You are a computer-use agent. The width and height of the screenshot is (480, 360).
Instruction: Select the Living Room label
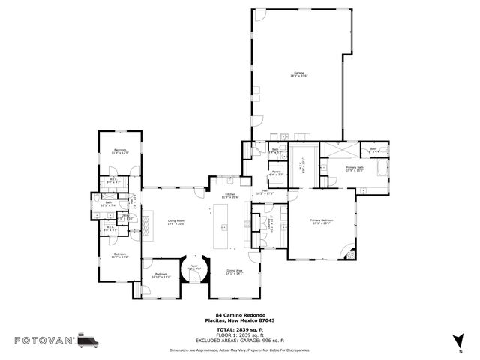[x=176, y=222]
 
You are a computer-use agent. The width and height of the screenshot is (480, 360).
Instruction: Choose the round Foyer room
[x=193, y=268]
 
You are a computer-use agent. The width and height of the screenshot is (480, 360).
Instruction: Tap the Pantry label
[x=276, y=174]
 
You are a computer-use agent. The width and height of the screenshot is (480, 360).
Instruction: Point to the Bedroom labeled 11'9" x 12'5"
[x=121, y=151]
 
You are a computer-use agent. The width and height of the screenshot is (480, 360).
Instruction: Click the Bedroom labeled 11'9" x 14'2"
[x=120, y=255]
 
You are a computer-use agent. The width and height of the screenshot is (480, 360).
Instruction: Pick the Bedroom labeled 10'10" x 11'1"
[x=162, y=275]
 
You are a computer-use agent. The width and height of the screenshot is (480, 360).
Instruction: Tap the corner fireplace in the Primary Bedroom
[x=347, y=253]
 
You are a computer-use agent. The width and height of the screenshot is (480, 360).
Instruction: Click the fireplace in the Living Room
[x=147, y=222]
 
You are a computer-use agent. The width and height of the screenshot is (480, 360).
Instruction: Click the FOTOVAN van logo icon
[x=87, y=340]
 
